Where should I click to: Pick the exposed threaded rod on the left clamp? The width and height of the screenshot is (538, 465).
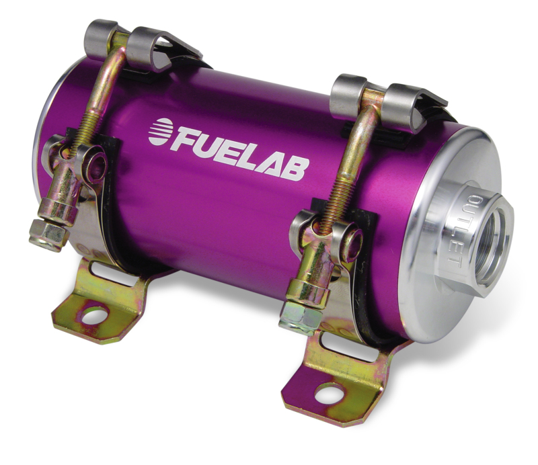[x=87, y=128]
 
